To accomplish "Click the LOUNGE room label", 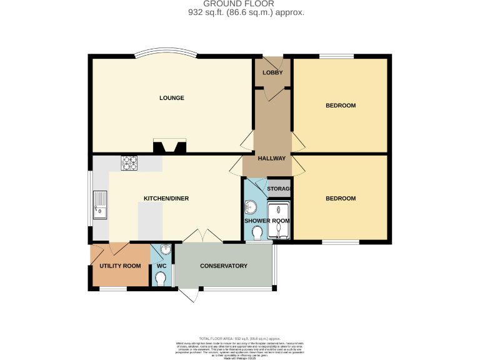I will pos(171,98).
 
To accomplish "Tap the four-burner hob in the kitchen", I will pos(129,162).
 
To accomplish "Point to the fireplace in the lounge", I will pos(169,147).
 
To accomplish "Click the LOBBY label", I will pos(272,72).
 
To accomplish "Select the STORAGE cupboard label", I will pos(279,189).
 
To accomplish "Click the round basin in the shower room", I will pos(252,206).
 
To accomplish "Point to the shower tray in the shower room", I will pos(279,220).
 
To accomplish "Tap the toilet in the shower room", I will pos(256,233).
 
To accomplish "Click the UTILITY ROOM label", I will pos(120,266).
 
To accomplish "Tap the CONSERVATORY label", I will pos(224,266).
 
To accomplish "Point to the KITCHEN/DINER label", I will pos(166,198).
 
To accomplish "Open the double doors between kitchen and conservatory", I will pos(202,236).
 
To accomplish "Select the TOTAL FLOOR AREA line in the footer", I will pos(241,337).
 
